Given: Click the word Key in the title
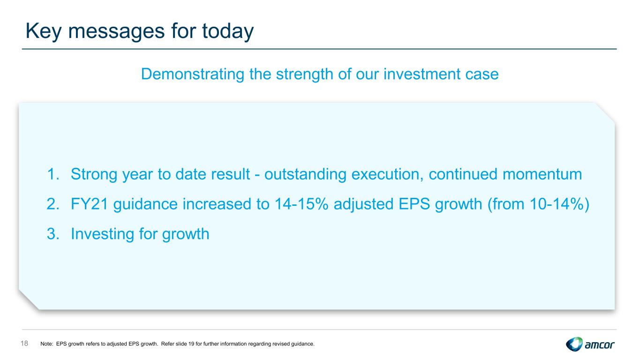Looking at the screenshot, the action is click(x=44, y=31).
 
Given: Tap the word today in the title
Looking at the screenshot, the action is click(x=228, y=31).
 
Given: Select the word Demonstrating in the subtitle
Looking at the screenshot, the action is click(x=193, y=74).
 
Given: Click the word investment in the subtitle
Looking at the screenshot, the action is click(x=422, y=74).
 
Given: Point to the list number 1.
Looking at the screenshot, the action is click(x=53, y=174).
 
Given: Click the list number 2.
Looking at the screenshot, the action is click(x=53, y=204).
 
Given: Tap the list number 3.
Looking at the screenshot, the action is click(x=53, y=234).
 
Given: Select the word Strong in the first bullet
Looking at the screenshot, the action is click(x=94, y=175).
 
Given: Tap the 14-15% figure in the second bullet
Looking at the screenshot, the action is click(x=301, y=204).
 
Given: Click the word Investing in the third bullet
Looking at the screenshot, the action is click(x=102, y=234).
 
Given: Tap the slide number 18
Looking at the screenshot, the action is click(x=24, y=343).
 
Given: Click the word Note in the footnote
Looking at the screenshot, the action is click(x=46, y=344).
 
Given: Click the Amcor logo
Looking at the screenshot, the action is click(x=590, y=344).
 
